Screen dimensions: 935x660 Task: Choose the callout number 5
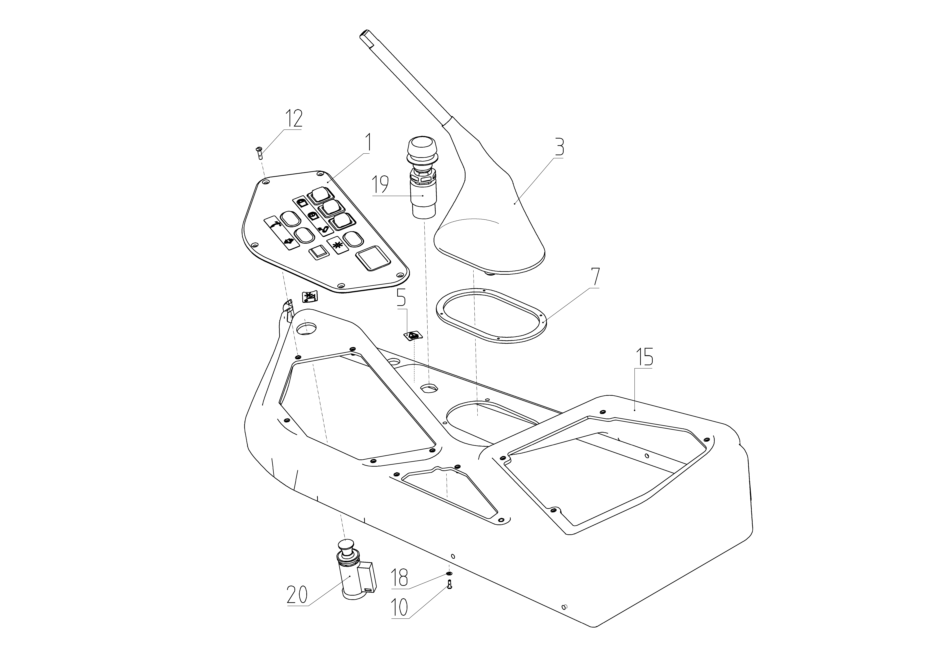coord(401,298)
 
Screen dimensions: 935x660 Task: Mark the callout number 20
coord(298,595)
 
